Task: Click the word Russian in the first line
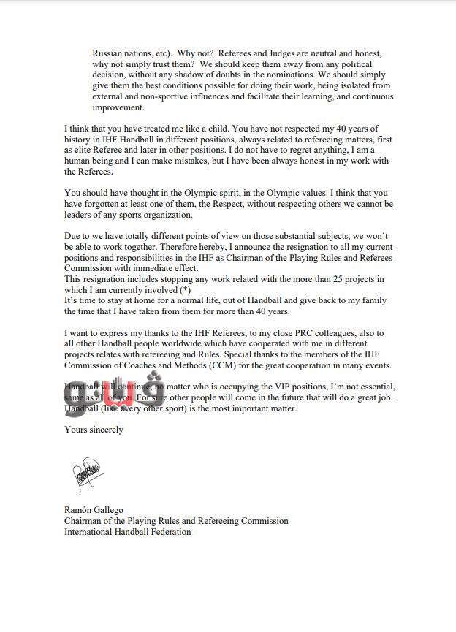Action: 107,53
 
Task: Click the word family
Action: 371,300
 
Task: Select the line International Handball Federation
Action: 127,531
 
